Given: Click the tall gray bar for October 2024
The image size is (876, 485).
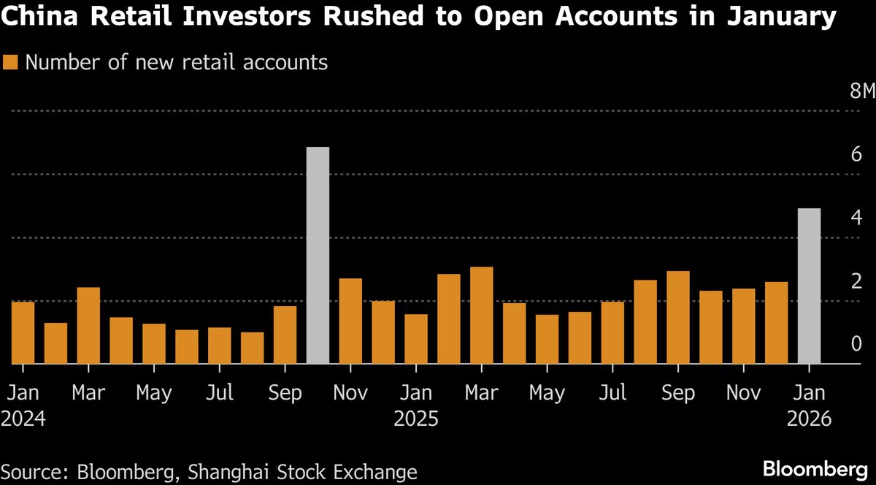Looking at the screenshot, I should (x=318, y=256).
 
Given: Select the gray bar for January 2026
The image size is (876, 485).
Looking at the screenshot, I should (x=809, y=286).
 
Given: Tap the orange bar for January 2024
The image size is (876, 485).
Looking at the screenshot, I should (x=23, y=332).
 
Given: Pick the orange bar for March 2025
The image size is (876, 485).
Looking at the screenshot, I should (x=481, y=316).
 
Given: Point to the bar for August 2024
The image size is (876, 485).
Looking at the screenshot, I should (x=252, y=348).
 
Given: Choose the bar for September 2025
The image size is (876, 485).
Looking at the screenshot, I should (x=678, y=318).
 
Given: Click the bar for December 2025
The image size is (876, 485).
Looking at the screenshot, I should (x=776, y=323).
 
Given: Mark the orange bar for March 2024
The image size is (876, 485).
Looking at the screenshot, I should (x=88, y=325).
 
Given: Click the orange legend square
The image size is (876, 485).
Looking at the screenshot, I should (x=10, y=63).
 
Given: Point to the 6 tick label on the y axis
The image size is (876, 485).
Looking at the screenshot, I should (x=856, y=155).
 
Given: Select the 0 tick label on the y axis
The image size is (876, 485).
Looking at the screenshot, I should (x=856, y=344).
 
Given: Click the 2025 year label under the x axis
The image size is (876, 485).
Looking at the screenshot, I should (x=415, y=419).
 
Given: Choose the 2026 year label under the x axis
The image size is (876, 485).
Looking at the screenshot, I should (x=809, y=419).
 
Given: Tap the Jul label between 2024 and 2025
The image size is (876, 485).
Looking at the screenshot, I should (x=219, y=393).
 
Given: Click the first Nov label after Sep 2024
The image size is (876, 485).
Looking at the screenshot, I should (x=350, y=393).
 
